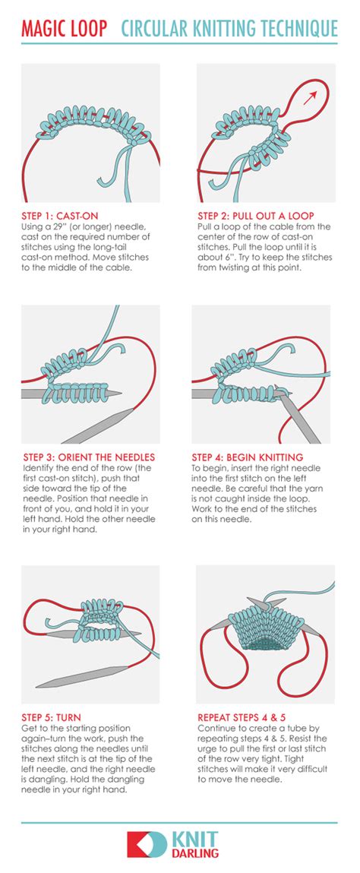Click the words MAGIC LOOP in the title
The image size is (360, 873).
[64, 28]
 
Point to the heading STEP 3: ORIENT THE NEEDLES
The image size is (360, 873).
[88, 457]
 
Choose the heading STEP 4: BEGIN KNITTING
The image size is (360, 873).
[247, 457]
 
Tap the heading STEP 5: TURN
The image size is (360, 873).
[51, 717]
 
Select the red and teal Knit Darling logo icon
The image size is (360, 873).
[147, 845]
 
